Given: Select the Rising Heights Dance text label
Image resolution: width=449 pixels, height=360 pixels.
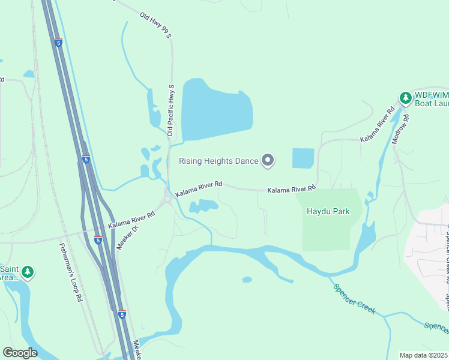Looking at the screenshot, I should coord(218,161).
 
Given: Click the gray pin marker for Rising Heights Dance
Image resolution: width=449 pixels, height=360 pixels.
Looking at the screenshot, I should coord(268,160).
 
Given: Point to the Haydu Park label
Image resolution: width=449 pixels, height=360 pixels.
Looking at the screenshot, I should coord(328,212).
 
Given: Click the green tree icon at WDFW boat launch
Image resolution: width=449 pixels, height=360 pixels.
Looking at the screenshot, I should coord(406,98).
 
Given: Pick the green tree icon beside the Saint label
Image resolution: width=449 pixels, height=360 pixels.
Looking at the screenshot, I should coord(28,272).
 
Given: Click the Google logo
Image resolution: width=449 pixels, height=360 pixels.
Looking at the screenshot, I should coord(20,353).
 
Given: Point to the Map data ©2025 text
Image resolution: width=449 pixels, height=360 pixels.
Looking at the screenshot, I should coord(423,355).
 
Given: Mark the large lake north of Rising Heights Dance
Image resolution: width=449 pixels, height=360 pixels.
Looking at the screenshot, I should coord(215,110).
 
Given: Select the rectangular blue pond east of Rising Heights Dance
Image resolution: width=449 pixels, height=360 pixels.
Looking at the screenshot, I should coord(303,158).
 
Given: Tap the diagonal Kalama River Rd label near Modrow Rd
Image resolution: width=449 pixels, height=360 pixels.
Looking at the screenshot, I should coord(378,125).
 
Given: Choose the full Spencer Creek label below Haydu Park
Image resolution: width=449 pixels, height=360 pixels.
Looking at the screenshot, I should coord(355,298).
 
